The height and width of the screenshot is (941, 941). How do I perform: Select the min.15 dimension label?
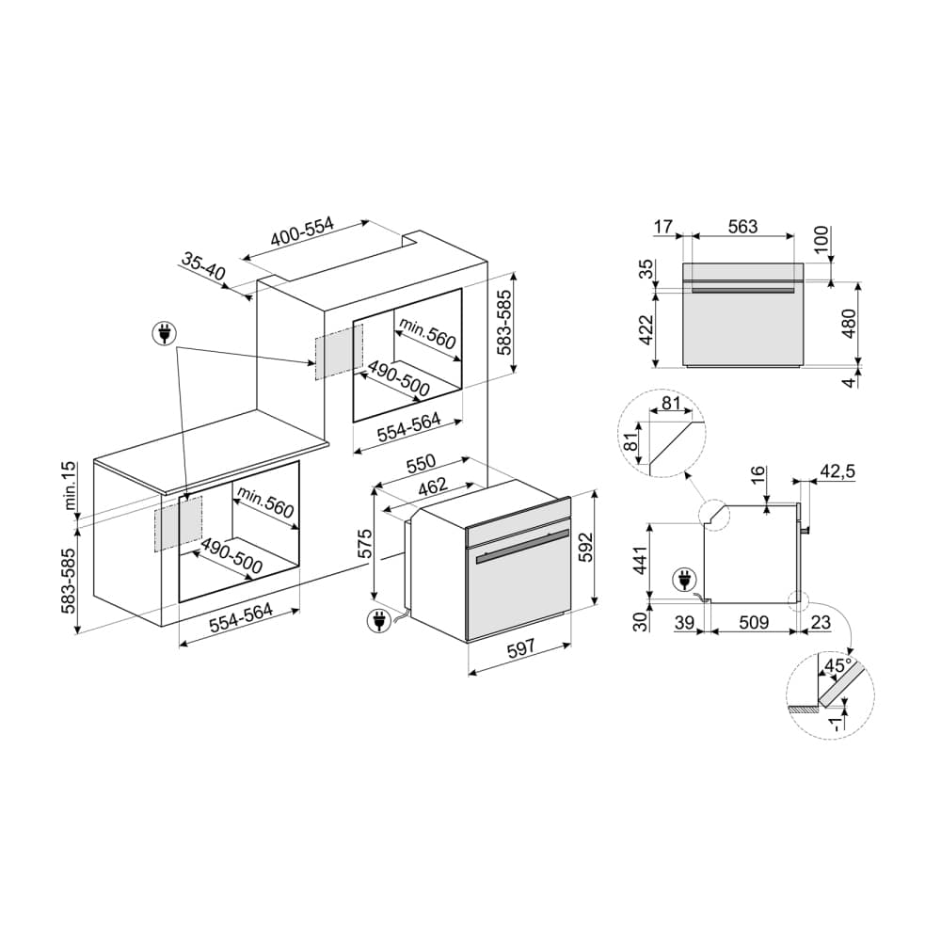pos(71,486)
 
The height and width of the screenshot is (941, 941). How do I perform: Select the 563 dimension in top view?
pos(742,226)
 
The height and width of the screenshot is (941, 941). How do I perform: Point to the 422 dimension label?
pos(646,329)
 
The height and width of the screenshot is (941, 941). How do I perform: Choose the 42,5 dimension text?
pos(837,471)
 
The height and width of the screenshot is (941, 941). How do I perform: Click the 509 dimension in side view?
pos(754,622)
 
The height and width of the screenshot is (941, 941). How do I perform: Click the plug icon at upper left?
pos(165,333)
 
